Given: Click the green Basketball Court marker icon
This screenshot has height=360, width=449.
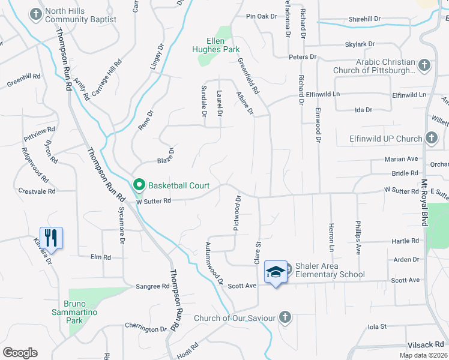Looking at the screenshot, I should click(139, 184).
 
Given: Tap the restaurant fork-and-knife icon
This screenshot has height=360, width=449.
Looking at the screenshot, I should click(51, 237).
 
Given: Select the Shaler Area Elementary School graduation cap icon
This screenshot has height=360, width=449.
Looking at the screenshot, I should click(276, 271).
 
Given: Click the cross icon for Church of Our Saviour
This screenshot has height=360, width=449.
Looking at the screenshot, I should click(285, 317).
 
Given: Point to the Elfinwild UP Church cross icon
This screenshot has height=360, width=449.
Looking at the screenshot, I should click(431, 139).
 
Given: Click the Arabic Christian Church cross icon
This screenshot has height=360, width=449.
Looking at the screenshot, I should click(424, 64).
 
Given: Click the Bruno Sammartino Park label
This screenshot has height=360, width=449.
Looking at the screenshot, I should click(81, 308).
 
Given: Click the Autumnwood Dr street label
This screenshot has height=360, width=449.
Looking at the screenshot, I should click(214, 263).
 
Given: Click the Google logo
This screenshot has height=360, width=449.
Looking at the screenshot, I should click(20, 352).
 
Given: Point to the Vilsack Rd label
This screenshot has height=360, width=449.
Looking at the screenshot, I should click(424, 344).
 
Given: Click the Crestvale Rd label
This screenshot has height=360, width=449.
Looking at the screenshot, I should click(37, 191).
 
